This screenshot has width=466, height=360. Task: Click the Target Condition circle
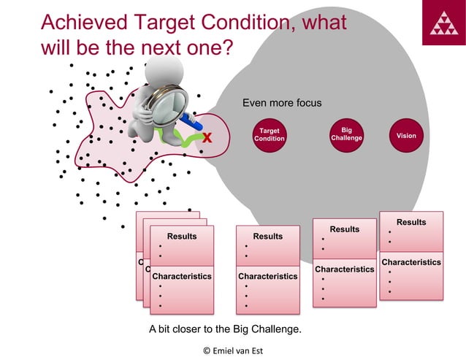[270, 135]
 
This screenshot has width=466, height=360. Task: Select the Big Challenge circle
[346, 134]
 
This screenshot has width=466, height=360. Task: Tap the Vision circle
[406, 135]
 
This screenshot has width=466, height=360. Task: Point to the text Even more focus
[282, 103]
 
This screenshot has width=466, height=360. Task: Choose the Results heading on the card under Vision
[411, 222]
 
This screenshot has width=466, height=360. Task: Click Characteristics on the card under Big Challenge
[344, 269]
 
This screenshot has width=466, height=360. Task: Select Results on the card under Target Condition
[267, 236]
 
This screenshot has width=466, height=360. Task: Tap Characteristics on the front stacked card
[182, 277]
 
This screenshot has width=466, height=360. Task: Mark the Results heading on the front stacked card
[182, 236]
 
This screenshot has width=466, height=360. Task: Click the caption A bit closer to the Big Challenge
[225, 329]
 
